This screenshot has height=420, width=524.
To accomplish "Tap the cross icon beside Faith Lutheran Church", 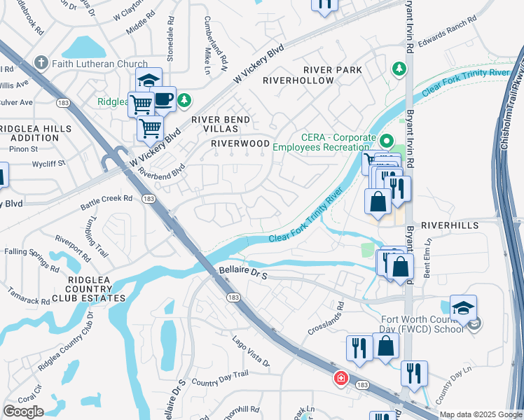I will pos(42,64).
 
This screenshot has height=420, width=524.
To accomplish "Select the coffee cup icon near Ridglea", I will pos(163,99).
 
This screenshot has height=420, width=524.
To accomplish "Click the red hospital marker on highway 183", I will pos(341,378).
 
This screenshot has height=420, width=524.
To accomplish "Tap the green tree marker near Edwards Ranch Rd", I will pos(399,69).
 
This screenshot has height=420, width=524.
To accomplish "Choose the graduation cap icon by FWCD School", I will pos(462,307).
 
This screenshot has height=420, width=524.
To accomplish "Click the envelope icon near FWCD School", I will pos(475,323).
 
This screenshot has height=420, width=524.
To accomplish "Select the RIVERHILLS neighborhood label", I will pos(450,225).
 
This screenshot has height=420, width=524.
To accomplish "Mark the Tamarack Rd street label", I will pos(29,296).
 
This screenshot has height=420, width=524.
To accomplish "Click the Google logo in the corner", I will pos(23,412).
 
